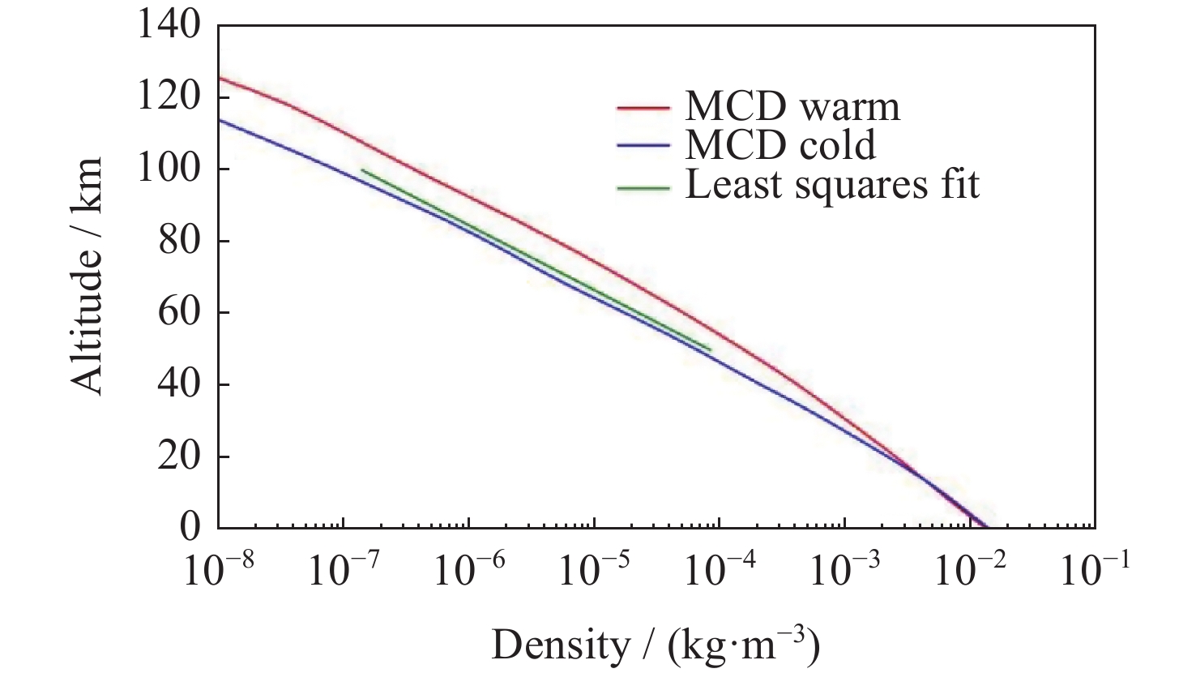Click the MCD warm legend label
[x=792, y=106]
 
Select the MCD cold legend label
[x=780, y=145]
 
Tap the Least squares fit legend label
[x=832, y=185]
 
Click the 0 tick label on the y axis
[x=190, y=528]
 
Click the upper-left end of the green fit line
[x=361, y=170]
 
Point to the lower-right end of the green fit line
[x=711, y=349]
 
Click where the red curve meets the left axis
[x=219, y=78]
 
